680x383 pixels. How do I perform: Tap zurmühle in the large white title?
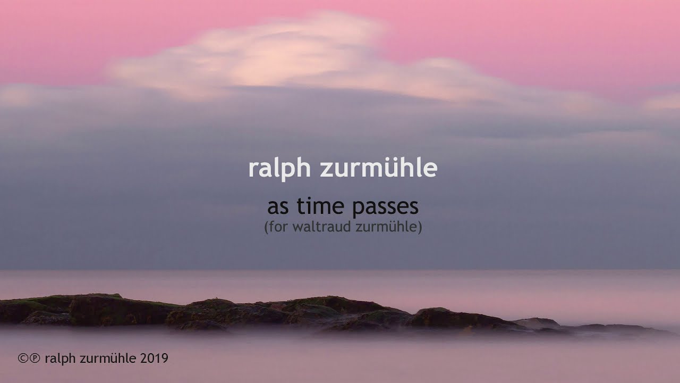(378, 168)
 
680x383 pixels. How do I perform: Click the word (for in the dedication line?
(275, 227)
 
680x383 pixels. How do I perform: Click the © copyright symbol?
(23, 359)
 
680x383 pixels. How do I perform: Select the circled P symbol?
(35, 359)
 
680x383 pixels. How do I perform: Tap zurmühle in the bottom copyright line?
(109, 359)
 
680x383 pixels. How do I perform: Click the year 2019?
(155, 359)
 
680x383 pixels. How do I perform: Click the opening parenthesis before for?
(266, 227)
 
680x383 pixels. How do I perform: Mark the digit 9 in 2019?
(165, 359)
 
